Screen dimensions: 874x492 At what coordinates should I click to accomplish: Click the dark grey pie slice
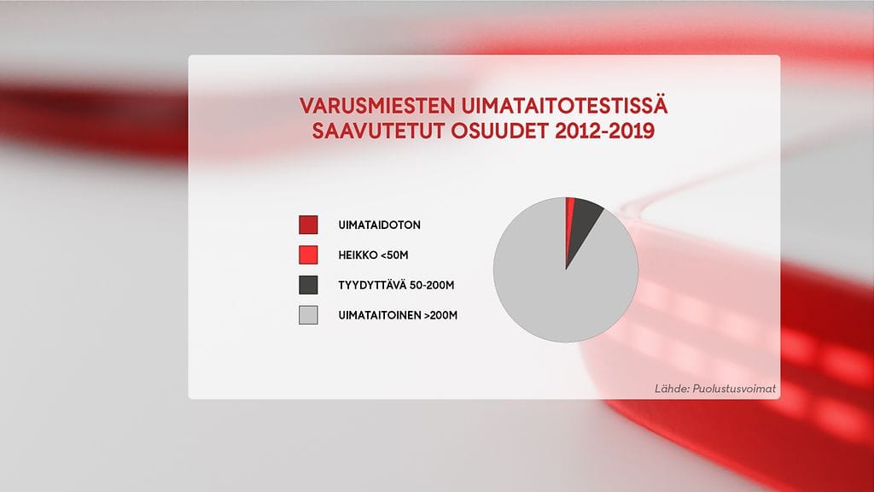[x=582, y=223]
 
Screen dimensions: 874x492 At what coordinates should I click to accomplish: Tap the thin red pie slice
[x=569, y=223]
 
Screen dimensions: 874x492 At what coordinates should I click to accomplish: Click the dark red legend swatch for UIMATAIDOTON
[x=308, y=225]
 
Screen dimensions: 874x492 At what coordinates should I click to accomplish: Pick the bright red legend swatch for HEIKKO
[x=308, y=255]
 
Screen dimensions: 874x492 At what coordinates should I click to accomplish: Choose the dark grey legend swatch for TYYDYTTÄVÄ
[x=308, y=285]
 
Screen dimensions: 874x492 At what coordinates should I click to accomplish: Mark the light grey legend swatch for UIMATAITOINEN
[x=308, y=315]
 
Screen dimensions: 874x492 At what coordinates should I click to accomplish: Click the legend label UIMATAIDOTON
[x=380, y=225]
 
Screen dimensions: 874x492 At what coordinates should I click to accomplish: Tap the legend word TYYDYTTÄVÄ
[x=372, y=285]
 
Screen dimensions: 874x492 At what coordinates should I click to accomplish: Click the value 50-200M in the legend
[x=432, y=285]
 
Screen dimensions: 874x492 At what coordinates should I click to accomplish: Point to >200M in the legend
[x=440, y=315]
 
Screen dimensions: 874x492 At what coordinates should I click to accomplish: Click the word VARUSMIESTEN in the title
[x=377, y=106]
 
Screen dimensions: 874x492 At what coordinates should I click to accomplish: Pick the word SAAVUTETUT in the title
[x=378, y=131]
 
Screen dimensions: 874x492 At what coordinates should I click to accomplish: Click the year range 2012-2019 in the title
[x=605, y=131]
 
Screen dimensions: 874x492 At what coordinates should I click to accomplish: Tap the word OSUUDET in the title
[x=500, y=131]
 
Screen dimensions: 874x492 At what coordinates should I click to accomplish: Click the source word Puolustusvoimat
[x=733, y=389]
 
